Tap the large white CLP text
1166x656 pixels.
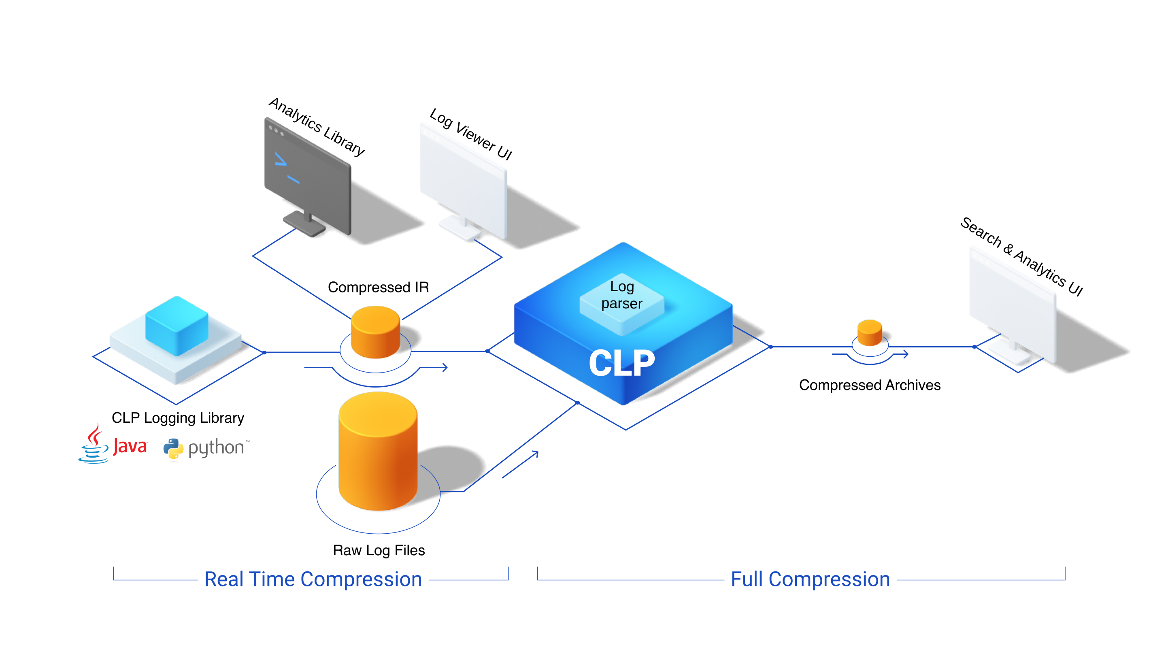[621, 363]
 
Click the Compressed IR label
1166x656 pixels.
[378, 287]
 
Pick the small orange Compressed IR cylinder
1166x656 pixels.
[375, 332]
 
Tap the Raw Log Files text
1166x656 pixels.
[379, 550]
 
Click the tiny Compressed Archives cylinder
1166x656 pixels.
[870, 333]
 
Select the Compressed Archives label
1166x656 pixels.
[870, 385]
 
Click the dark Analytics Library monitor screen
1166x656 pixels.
[307, 174]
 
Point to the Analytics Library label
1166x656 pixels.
[317, 127]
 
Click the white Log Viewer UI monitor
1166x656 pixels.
[463, 181]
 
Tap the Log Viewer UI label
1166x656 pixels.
[471, 134]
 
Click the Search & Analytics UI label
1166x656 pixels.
[1021, 257]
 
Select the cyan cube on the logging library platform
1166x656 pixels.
[177, 325]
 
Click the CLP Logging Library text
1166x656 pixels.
[178, 417]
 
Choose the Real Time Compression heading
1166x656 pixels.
[313, 579]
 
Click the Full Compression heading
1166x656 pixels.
[810, 579]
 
